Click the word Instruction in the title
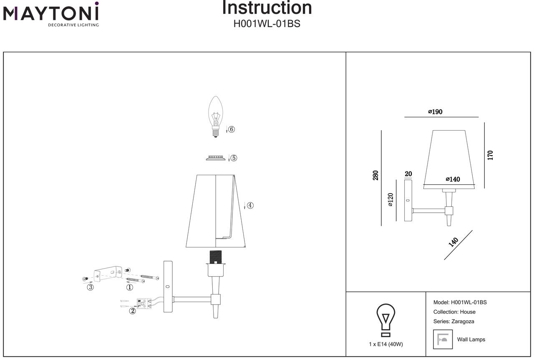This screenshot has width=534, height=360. pos(267,8)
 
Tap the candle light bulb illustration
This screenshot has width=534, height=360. pos(215,116)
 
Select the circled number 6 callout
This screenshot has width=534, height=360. pos(232,129)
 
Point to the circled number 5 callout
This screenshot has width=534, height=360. pos(234,158)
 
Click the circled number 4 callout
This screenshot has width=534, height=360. pos(250,205)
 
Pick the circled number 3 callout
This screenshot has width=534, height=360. pos(90,287)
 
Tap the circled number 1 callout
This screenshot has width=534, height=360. pos(130,287)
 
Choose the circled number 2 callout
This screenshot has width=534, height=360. pos(132,311)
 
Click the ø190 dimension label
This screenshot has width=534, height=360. pos(435,112)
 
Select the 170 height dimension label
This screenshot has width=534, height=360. pos(490,155)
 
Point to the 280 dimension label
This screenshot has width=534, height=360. pos(375,175)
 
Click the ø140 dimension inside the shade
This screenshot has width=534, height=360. pos(453,179)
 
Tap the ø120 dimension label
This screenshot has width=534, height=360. pos(390,200)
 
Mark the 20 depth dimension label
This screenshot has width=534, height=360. pos(408,174)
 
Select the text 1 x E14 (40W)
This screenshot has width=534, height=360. pos(386,344)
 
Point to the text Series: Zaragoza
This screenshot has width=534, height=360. pos(453,321)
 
